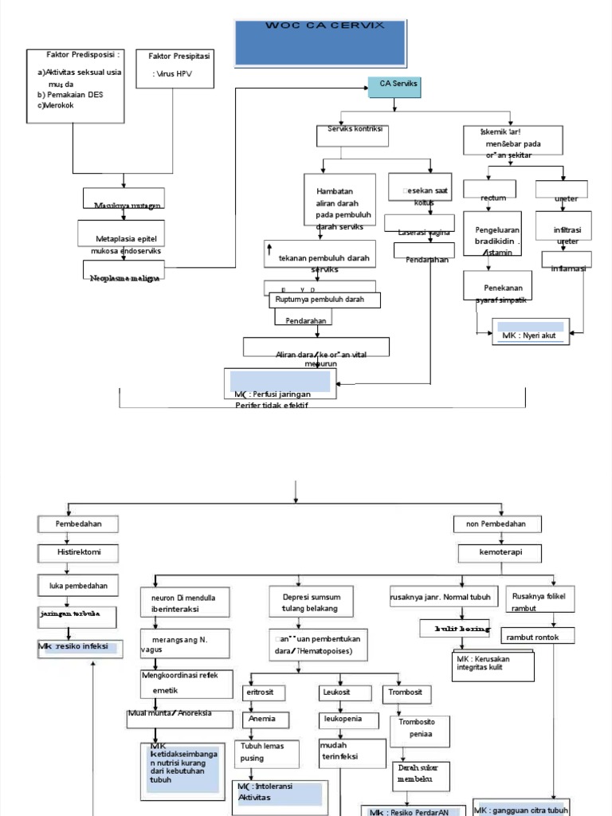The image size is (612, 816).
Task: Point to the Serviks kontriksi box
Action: tap(353, 135)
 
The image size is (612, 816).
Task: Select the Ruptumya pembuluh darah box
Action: tap(324, 300)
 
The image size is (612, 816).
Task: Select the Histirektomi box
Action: tap(78, 552)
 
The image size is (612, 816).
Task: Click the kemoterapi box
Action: tap(500, 552)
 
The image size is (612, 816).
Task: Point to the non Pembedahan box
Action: tap(498, 524)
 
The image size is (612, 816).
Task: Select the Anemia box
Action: tap(263, 719)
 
